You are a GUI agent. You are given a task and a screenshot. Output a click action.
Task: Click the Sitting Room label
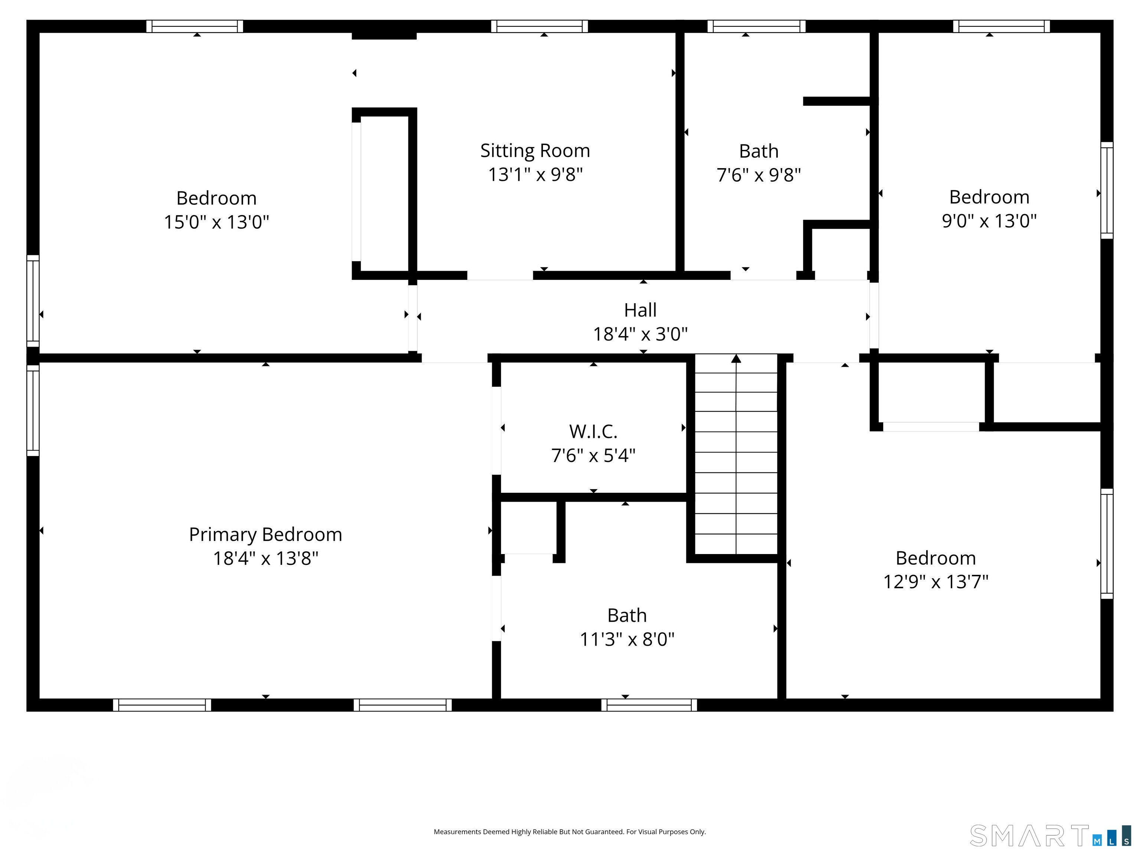(535, 151)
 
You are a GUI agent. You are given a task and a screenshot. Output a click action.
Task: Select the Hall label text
(640, 310)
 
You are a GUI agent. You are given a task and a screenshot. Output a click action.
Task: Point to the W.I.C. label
(593, 431)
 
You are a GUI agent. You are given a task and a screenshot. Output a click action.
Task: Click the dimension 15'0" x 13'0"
(216, 222)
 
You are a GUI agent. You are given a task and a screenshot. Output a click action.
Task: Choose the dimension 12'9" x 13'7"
(936, 582)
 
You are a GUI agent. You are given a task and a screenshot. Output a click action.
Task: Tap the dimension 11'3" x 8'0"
(627, 639)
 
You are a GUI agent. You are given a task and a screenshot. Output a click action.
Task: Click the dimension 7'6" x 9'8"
(759, 175)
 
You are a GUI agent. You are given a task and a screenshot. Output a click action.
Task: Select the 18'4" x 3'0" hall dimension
(640, 334)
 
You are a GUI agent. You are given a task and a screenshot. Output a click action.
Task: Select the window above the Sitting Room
(539, 26)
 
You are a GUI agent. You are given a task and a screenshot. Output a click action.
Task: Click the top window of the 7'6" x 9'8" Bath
(756, 26)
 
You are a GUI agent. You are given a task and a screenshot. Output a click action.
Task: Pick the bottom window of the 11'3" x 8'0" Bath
(649, 705)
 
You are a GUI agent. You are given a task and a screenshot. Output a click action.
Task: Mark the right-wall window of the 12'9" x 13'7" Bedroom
(1107, 544)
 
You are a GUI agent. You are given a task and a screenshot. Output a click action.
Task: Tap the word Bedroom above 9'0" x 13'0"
(989, 197)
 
